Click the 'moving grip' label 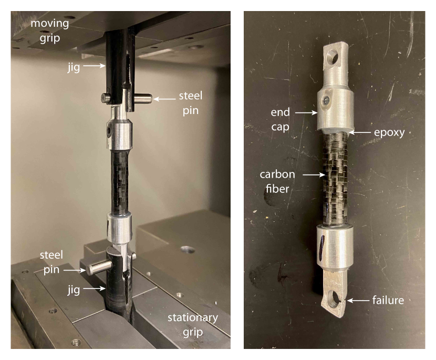50,30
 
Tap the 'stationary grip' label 193,325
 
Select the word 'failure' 388,301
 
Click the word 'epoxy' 389,133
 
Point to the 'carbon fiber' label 277,181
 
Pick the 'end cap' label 280,120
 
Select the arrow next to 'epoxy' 359,133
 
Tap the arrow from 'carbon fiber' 314,174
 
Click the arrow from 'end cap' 306,112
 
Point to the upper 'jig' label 74,67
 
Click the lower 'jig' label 74,290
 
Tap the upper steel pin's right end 150,98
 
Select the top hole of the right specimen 333,58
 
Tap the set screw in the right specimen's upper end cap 326,100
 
